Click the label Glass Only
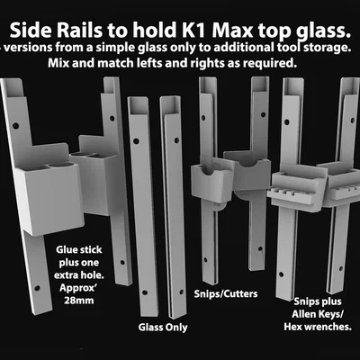163,328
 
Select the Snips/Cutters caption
226,293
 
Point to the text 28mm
78,301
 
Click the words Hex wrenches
318,327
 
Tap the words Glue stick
79,250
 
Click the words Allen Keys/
318,314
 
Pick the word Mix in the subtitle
57,63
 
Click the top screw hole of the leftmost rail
15,126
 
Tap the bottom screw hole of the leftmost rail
37,288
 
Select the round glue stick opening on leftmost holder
61,165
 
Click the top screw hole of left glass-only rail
136,141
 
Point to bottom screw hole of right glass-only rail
181,292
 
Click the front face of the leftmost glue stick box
49,200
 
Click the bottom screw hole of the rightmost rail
341,269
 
